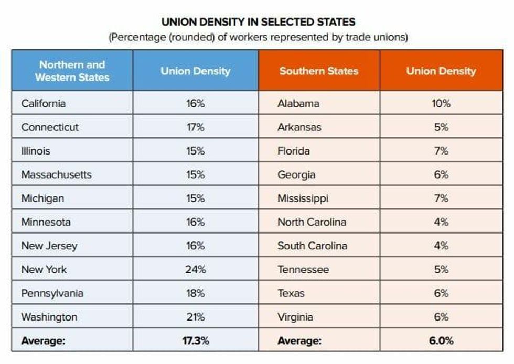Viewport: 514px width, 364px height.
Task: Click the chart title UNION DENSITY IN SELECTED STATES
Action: coord(258,22)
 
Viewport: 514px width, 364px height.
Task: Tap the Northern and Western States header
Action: coord(72,71)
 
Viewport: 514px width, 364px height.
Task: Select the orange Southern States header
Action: coord(318,71)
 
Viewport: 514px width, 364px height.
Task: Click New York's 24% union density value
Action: coord(195,270)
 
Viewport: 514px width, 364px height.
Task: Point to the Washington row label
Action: coord(49,317)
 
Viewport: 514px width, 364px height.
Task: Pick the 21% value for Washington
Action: coord(195,317)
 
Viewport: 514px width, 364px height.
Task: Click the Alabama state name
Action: coord(298,103)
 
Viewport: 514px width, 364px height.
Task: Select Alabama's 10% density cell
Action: coord(441,103)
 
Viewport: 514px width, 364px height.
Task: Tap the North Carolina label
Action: coord(312,222)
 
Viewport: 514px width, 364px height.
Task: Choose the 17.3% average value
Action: coord(195,340)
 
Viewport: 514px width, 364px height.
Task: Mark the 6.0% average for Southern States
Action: coord(441,340)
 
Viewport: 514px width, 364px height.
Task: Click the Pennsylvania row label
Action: coord(52,293)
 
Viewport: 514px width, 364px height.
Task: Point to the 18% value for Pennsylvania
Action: coord(195,293)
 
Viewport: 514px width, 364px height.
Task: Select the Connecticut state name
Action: coord(50,127)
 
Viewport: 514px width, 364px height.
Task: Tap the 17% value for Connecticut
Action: coord(195,127)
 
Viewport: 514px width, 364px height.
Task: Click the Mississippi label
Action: coord(303,198)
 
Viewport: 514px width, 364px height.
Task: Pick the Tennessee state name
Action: coord(303,270)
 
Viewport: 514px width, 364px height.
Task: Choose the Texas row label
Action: coord(291,293)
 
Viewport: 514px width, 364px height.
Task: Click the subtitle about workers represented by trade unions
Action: coord(258,38)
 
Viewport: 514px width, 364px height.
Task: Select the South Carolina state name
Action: coord(312,246)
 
